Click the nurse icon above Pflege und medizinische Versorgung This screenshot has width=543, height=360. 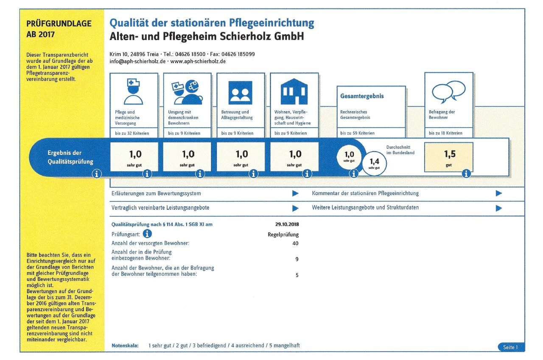(133, 92)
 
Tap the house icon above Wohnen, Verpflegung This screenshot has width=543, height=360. (294, 91)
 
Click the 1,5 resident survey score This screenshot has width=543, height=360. (450, 154)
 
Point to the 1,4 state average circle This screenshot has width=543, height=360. (374, 163)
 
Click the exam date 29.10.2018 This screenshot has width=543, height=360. (287, 224)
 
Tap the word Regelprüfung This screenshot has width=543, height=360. (283, 234)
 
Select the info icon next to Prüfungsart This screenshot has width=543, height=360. (147, 234)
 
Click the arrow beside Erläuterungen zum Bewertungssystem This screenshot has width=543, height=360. (295, 193)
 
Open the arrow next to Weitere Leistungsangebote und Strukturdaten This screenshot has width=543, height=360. (498, 208)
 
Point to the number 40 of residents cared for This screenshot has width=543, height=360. (295, 243)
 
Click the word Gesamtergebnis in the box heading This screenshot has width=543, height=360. (362, 96)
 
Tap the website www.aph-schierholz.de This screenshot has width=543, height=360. (198, 61)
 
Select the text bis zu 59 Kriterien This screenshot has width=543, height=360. (357, 133)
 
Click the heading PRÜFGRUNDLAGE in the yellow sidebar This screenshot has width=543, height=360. (59, 23)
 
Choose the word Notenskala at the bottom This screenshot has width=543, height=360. (125, 346)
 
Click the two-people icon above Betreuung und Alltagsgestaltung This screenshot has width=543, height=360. (240, 93)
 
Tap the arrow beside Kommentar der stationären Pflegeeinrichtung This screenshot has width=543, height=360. (498, 193)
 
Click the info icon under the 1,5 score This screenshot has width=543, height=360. (466, 174)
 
